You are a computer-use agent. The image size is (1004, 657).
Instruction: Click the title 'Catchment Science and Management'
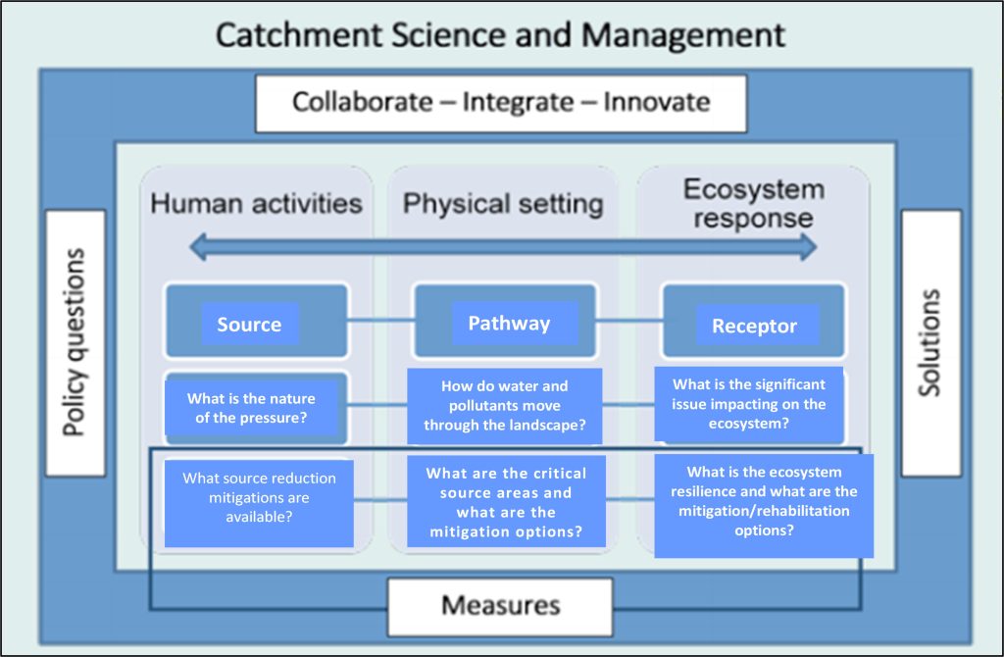click(x=500, y=35)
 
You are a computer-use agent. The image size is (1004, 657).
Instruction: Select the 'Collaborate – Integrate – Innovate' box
click(x=501, y=102)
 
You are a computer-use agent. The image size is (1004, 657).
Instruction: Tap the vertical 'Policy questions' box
click(x=75, y=342)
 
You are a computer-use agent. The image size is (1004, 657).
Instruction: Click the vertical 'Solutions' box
click(x=930, y=342)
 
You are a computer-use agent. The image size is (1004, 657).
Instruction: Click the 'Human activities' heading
click(x=256, y=204)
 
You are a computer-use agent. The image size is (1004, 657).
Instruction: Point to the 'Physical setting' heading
click(x=503, y=204)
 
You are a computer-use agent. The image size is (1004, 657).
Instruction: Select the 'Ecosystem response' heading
click(x=753, y=203)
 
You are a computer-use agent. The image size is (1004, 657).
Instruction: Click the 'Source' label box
click(x=249, y=325)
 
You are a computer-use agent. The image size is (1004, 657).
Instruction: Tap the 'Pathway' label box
click(x=509, y=323)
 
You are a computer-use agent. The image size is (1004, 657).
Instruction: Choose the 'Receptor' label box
click(x=754, y=326)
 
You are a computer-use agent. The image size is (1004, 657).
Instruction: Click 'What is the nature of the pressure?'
click(x=253, y=408)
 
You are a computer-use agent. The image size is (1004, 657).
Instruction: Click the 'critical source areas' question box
click(x=506, y=502)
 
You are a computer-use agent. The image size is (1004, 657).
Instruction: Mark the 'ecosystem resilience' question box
click(x=764, y=505)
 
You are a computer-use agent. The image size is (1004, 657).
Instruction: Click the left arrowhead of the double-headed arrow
click(x=198, y=246)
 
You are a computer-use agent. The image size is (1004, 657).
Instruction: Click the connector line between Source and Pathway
click(x=380, y=320)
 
